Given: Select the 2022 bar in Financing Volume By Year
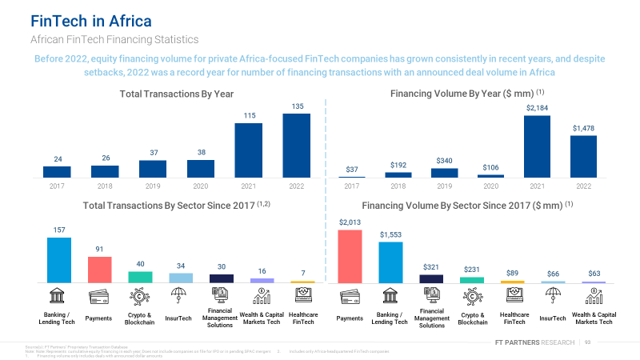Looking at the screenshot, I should (583, 156).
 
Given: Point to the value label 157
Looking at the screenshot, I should (58, 230).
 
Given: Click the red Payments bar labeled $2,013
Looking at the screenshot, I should (350, 256).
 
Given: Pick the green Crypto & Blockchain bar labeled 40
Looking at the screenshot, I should (140, 277).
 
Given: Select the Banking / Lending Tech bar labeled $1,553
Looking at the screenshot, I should (390, 262).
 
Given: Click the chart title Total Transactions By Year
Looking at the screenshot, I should (176, 94).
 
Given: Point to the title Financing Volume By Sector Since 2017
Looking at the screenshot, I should (463, 205).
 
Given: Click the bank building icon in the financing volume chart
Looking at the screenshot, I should (390, 296).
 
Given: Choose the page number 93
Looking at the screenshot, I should (587, 342).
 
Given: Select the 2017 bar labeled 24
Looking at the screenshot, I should (57, 171).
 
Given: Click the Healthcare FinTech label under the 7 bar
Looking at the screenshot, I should (303, 319).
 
